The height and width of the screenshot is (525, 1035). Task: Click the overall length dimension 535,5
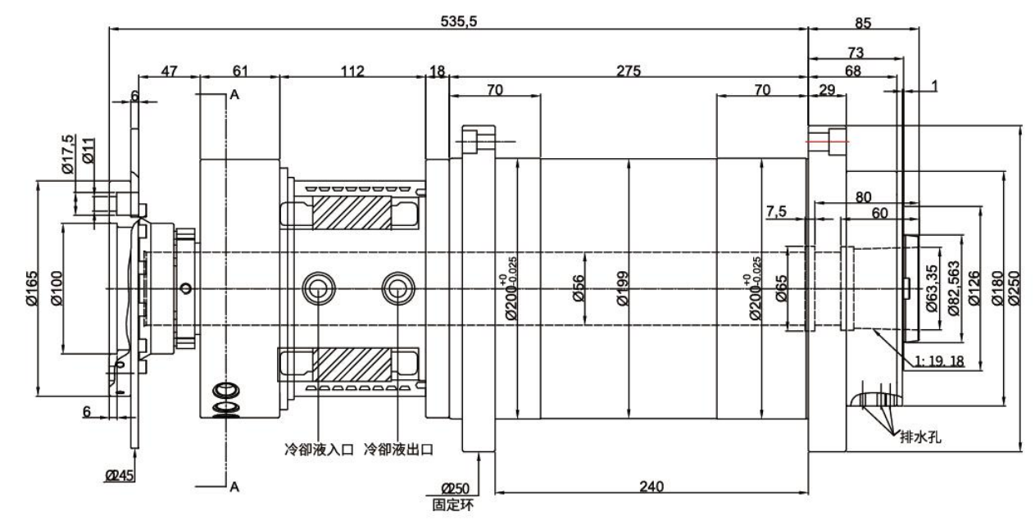click(x=459, y=21)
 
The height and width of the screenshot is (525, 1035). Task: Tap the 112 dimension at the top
click(x=352, y=71)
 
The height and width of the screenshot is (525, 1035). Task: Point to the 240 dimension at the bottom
click(x=651, y=485)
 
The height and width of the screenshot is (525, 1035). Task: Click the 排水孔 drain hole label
click(x=920, y=437)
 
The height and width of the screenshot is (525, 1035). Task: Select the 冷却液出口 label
click(x=398, y=450)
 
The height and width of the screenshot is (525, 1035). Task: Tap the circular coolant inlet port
click(x=316, y=287)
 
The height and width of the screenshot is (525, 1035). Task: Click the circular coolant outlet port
click(x=397, y=287)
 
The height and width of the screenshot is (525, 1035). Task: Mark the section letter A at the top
click(x=234, y=96)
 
